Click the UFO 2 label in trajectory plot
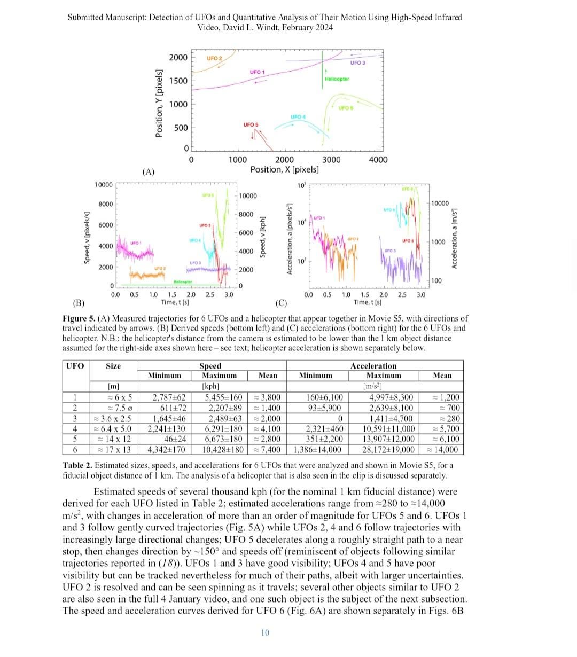click(x=214, y=58)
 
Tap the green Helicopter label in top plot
click(x=337, y=79)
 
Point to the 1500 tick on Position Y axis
click(x=178, y=81)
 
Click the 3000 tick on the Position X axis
click(x=331, y=159)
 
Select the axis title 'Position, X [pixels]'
click(x=285, y=169)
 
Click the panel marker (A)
click(x=149, y=172)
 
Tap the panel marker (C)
click(x=282, y=304)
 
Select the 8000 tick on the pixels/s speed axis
click(x=105, y=205)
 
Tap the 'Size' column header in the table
click(x=113, y=366)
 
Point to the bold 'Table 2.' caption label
click(x=77, y=465)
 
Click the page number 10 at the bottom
click(x=265, y=633)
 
